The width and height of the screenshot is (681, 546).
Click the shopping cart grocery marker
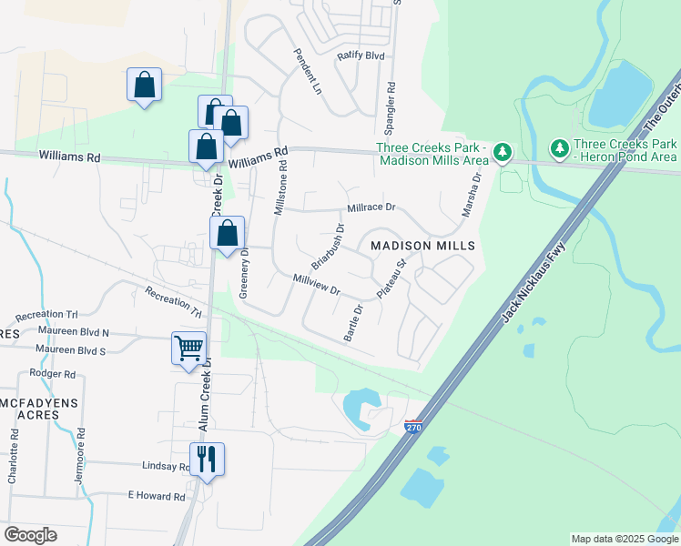click(x=188, y=348)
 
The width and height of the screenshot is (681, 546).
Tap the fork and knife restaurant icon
click(x=207, y=459)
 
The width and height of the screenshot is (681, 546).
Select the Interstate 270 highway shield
click(x=413, y=426)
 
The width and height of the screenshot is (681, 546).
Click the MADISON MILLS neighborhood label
click(x=423, y=247)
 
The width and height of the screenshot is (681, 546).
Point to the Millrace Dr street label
click(x=371, y=207)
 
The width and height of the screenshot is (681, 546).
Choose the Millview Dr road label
click(x=316, y=285)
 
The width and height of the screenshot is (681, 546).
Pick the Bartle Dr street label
click(x=354, y=323)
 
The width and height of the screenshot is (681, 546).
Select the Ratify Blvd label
click(x=361, y=56)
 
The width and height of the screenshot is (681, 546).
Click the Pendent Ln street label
click(x=305, y=72)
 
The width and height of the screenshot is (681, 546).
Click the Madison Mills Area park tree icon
click(x=503, y=153)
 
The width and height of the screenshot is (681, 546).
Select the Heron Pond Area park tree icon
click(x=559, y=147)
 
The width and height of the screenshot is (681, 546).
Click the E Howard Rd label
click(x=157, y=497)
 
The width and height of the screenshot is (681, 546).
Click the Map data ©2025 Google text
click(x=624, y=539)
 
